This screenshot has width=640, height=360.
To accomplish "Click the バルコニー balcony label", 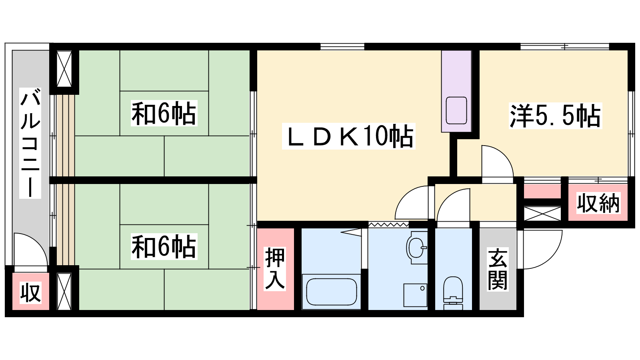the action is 30,143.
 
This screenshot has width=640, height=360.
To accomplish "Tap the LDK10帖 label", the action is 348,136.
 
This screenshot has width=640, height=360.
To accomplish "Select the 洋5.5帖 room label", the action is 555,116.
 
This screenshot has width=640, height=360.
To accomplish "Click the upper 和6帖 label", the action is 164,113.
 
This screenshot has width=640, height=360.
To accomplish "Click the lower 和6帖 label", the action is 164,246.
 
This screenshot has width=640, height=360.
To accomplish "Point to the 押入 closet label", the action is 275,269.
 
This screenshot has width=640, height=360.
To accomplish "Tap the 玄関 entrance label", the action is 498,269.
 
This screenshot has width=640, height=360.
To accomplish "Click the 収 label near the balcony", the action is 30,293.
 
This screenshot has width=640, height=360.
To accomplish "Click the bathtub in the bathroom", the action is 332,292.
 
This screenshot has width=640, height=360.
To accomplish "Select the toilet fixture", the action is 453,293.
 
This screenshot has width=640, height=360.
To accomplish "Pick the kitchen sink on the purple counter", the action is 456,110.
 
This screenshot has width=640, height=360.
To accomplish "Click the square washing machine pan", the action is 415,295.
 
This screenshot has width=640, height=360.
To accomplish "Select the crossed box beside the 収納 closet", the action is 542,214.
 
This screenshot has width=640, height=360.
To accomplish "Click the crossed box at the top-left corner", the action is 64,69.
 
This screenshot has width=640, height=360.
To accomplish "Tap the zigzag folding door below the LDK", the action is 388,224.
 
